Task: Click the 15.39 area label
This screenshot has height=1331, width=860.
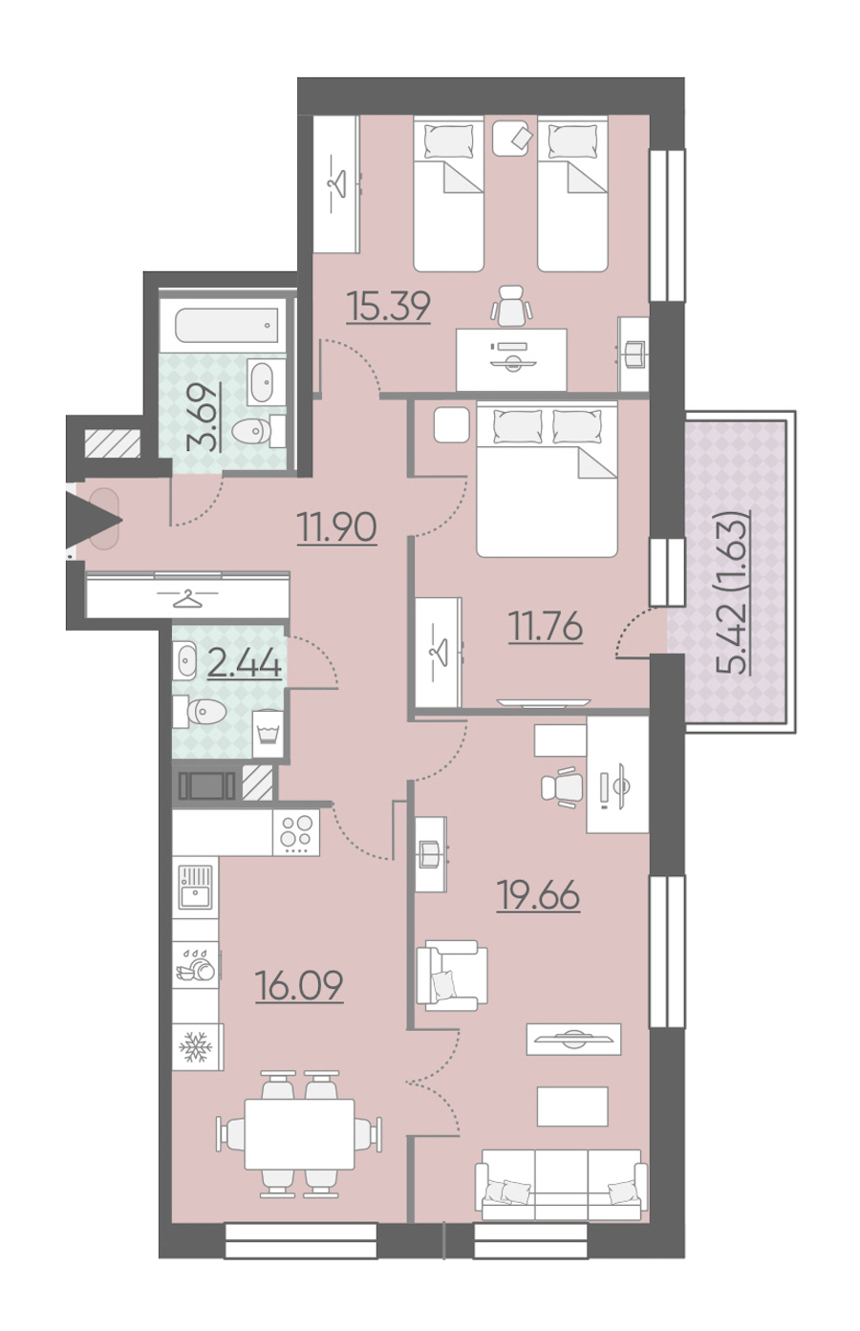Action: click(x=389, y=307)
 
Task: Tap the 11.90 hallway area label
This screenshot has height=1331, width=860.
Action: click(x=337, y=527)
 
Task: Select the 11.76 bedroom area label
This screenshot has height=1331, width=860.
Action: click(x=546, y=626)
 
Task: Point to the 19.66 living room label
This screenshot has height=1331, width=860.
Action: click(x=539, y=895)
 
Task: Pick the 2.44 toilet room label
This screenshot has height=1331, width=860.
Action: click(x=244, y=663)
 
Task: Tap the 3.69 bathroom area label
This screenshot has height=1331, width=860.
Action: click(x=203, y=418)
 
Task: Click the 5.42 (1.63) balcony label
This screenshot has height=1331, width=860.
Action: click(x=732, y=591)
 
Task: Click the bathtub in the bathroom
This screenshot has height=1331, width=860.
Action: click(x=226, y=325)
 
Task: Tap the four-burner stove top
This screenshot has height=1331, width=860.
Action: click(x=296, y=832)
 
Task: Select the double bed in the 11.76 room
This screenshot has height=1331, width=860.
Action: click(x=547, y=479)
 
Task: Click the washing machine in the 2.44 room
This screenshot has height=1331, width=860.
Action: click(x=268, y=734)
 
